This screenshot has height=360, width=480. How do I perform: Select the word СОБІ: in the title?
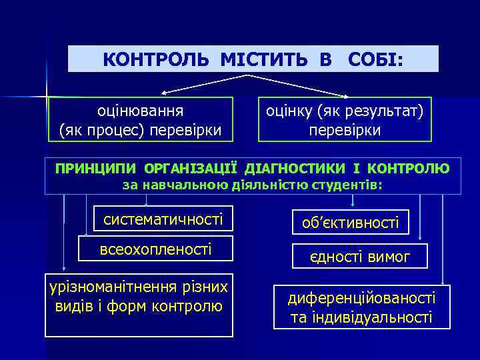tap(375, 59)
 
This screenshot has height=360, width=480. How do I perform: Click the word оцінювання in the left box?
tap(141, 110)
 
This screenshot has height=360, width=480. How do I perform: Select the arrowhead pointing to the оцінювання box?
tap(165, 92)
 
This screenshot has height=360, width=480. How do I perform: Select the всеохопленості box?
tap(156, 249)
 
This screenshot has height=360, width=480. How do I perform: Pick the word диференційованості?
tap(361, 298)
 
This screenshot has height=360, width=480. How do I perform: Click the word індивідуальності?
tap(361, 317)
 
